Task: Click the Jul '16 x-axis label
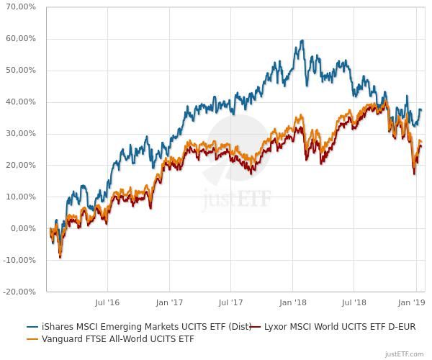(x=107, y=304)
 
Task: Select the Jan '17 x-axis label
(x=169, y=304)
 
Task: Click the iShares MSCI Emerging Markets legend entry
(x=144, y=327)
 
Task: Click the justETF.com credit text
(x=407, y=354)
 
